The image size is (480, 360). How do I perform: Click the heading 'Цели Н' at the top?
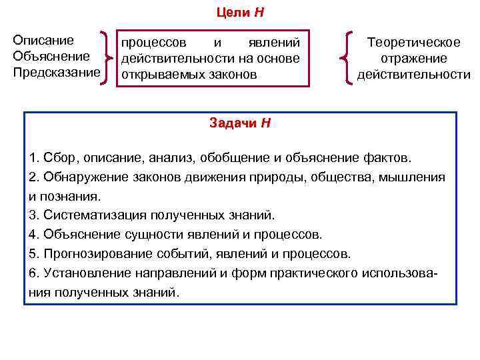[240, 13]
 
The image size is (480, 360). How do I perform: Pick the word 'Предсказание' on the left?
[56, 71]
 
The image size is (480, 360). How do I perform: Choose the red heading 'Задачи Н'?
[239, 123]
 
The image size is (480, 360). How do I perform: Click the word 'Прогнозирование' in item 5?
[95, 254]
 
